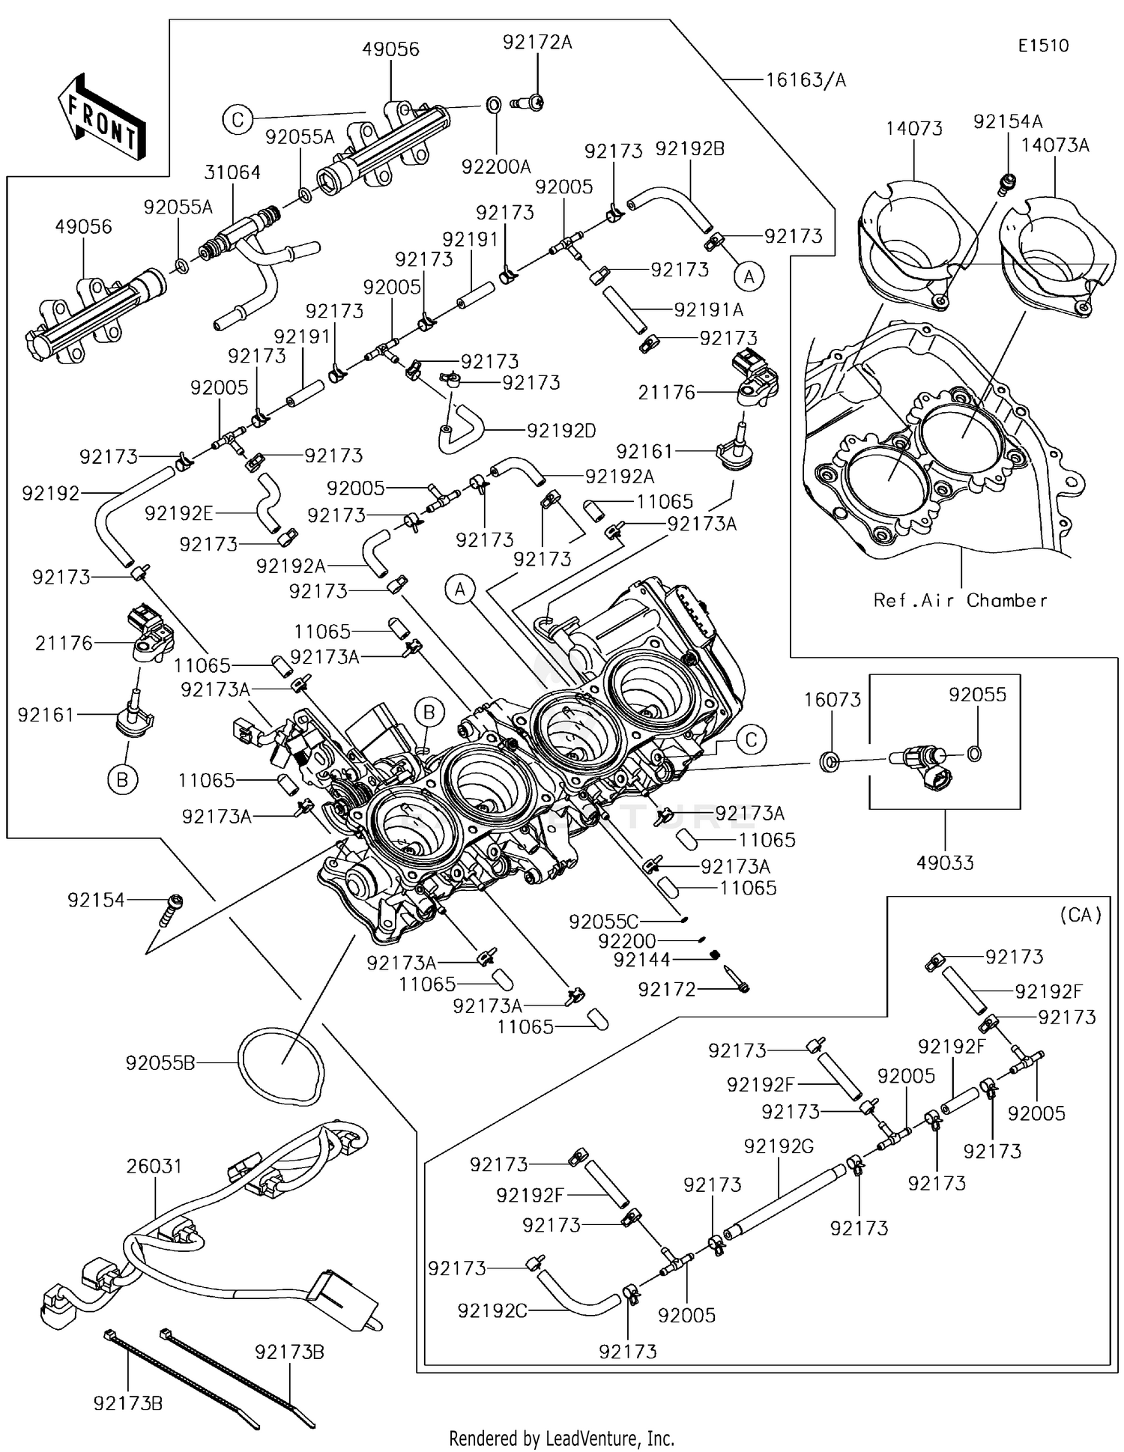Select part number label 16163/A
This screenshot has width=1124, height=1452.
coord(806,80)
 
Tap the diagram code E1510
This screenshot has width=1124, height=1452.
coord(1043,46)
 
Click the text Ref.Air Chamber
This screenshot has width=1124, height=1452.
coord(960,600)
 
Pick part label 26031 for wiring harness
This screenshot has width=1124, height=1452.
coord(154,1166)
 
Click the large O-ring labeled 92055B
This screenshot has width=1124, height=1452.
coord(282,1064)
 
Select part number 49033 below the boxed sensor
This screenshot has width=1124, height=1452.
coord(945,863)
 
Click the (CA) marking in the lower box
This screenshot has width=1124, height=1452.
coord(1081,915)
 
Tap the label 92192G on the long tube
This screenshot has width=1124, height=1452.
coord(779,1146)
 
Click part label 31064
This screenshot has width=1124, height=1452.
coord(232,172)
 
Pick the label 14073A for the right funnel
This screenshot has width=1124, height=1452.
coord(1055,145)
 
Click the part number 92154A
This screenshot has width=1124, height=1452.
coord(1008,121)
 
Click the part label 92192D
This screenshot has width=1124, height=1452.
coord(561,431)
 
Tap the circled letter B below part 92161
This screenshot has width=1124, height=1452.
coord(122,781)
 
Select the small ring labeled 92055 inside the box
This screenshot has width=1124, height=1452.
coord(974,754)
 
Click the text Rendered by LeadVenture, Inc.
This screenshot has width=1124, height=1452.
coord(561,1439)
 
